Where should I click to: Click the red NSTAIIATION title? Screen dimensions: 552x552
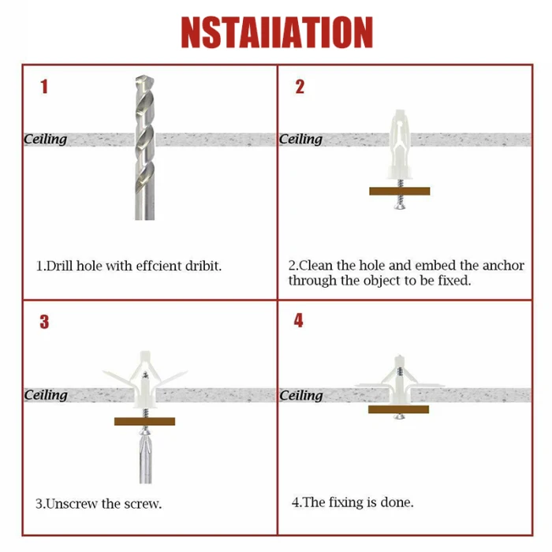point(277,32)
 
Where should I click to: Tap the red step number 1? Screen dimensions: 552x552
point(44,87)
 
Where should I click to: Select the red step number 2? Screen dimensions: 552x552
point(300,87)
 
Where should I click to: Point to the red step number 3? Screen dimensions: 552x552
point(44,322)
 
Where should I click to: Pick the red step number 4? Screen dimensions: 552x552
point(298,320)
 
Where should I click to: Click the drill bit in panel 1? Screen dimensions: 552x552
point(144,147)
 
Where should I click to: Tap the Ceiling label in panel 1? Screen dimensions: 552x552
point(46,140)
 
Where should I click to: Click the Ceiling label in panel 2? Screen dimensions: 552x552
point(300,140)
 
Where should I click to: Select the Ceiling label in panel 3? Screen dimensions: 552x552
point(46,395)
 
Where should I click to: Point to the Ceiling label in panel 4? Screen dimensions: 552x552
point(301,396)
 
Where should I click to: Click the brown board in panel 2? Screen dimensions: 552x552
point(400,191)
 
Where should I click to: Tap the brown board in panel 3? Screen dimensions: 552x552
point(144,421)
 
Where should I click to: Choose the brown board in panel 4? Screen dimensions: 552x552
point(398,409)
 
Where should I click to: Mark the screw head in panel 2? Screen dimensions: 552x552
point(400,206)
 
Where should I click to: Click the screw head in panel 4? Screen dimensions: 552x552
point(399,416)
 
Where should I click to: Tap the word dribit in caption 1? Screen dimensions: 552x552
point(203,267)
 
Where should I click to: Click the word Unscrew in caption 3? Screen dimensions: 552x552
point(73,504)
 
